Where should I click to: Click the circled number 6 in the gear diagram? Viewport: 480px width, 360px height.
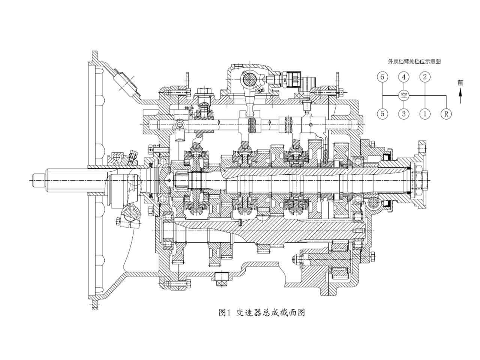point(382,77)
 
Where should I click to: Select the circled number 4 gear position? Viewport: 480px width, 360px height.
point(403,77)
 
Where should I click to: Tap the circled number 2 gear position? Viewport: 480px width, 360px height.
point(424,77)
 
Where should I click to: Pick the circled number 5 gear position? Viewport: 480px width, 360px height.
point(382,114)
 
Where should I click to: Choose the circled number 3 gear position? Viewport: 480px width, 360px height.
point(403,114)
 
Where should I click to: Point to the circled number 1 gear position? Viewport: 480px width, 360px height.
point(424,114)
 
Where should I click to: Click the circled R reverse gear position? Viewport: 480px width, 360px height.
point(446,114)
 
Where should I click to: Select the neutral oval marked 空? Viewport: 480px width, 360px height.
point(403,95)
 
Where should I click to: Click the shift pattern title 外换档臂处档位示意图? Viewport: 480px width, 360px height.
point(414,61)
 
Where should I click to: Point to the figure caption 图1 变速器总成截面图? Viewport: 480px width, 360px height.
point(261,312)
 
